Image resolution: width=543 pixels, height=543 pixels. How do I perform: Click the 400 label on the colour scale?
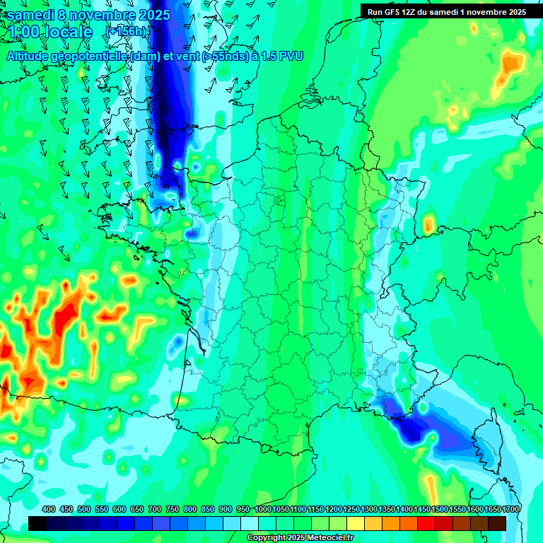[x=49, y=509]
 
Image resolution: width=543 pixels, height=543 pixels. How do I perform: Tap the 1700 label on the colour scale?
[x=510, y=509]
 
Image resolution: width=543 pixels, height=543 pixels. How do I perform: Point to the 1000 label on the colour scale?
[x=263, y=509]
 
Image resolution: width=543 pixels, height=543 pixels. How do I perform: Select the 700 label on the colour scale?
[x=155, y=509]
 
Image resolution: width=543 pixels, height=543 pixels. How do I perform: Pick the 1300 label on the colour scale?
[x=369, y=509]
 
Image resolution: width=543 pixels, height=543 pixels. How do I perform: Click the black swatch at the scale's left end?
[x=37, y=523]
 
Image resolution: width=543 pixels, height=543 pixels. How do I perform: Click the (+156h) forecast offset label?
[x=127, y=32]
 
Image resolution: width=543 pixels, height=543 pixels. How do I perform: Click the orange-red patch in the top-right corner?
[x=511, y=64]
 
